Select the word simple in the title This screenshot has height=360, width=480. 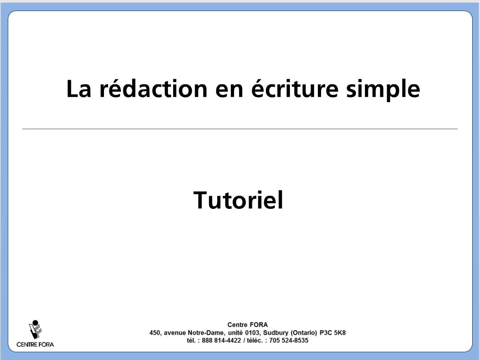click(x=383, y=90)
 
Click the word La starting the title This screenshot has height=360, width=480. click(x=79, y=89)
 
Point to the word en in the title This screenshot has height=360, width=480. click(x=229, y=91)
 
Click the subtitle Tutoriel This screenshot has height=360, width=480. click(x=238, y=200)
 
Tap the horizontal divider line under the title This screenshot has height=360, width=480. click(x=240, y=129)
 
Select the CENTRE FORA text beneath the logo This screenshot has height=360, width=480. click(x=35, y=344)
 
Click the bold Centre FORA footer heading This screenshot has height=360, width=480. click(x=247, y=324)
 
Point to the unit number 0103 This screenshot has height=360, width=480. click(x=252, y=333)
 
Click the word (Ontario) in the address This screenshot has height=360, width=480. click(x=304, y=333)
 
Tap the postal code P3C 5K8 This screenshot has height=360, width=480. click(x=333, y=333)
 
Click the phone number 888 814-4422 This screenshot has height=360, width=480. click(x=221, y=340)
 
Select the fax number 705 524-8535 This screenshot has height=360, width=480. click(x=289, y=340)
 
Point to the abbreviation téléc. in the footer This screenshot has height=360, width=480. click(x=255, y=340)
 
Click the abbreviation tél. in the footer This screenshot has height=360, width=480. click(x=191, y=340)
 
